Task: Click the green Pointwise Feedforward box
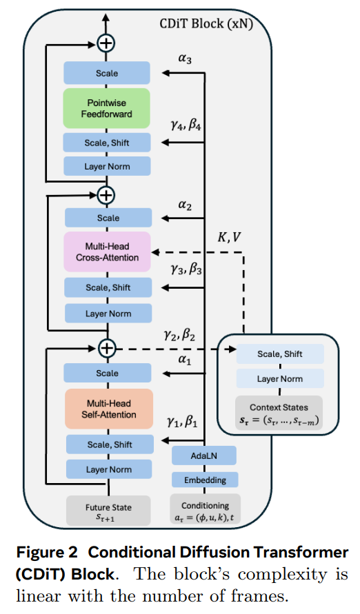pyautogui.click(x=107, y=108)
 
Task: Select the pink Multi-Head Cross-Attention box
pyautogui.click(x=107, y=252)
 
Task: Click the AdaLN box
pyautogui.click(x=203, y=456)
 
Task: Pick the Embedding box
pyautogui.click(x=203, y=480)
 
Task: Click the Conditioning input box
pyautogui.click(x=205, y=509)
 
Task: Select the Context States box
pyautogui.click(x=279, y=413)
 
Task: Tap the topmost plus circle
pyautogui.click(x=106, y=43)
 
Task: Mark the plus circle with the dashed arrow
pyautogui.click(x=106, y=348)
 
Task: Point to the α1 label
pyautogui.click(x=185, y=360)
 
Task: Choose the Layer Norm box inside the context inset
pyautogui.click(x=279, y=379)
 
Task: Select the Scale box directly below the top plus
pyautogui.click(x=107, y=73)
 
